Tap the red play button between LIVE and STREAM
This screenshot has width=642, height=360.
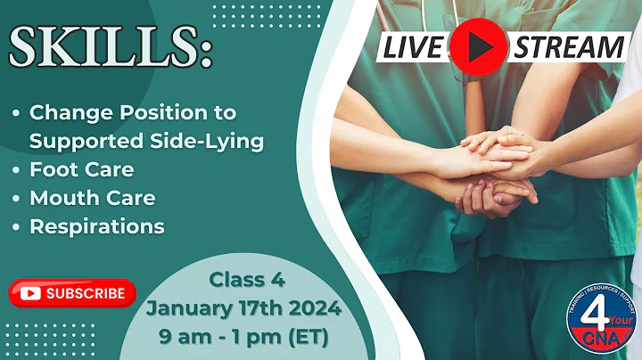pyautogui.click(x=478, y=45)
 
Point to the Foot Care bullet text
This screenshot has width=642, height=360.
pyautogui.click(x=81, y=168)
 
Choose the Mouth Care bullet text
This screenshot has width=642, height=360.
pyautogui.click(x=92, y=198)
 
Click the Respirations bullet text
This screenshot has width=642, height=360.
pyautogui.click(x=97, y=226)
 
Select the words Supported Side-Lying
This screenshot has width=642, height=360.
pyautogui.click(x=147, y=141)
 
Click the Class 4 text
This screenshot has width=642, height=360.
pyautogui.click(x=247, y=281)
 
